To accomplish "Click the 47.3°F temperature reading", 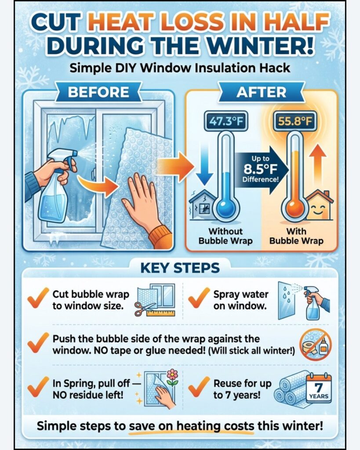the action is [x=225, y=121].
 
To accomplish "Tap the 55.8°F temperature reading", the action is [x=295, y=121].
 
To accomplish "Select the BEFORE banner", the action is [x=98, y=92].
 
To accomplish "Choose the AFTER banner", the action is [x=261, y=92].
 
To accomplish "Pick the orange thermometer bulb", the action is [x=295, y=208].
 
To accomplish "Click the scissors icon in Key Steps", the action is [x=145, y=308].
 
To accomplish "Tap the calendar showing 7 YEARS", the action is [x=319, y=388].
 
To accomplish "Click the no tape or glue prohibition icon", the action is [x=316, y=345].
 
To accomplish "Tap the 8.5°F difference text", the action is [x=260, y=169].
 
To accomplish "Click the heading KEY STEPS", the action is [x=180, y=268].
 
